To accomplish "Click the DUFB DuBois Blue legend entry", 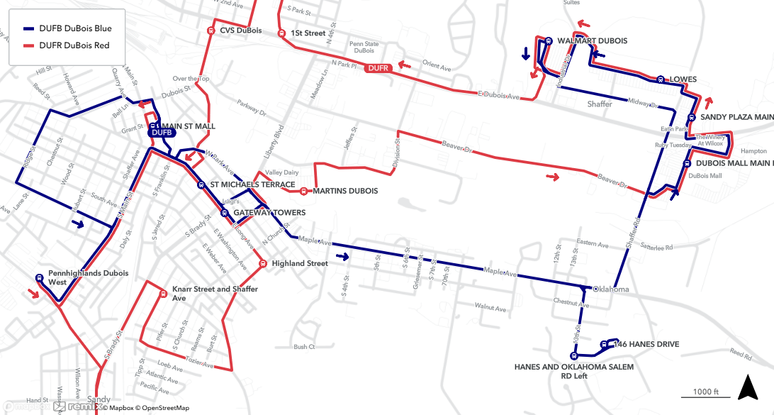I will click(x=67, y=28).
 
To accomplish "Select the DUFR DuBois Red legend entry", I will click(x=67, y=46).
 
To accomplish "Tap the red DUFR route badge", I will click(x=376, y=69).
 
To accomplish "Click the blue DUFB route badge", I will click(x=161, y=132).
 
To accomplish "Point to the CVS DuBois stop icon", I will click(x=211, y=31).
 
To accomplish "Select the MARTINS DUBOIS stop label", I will click(x=344, y=191).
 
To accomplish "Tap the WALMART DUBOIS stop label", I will click(x=592, y=41).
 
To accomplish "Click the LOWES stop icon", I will click(x=660, y=79).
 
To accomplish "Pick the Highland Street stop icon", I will click(x=262, y=264).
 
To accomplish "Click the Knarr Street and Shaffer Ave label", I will click(x=215, y=294).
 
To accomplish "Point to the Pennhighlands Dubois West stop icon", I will click(x=38, y=277).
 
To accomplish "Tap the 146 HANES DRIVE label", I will click(x=646, y=345).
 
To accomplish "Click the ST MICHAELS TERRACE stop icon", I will click(x=201, y=184).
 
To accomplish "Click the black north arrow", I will click(x=747, y=387).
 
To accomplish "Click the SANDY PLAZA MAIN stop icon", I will click(x=691, y=118).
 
